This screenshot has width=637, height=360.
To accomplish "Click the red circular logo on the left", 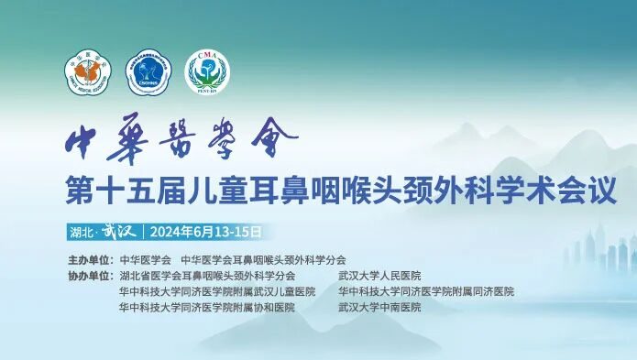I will click(x=87, y=71).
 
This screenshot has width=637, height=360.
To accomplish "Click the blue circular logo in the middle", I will click(x=148, y=71).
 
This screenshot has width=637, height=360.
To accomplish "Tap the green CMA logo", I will click(x=208, y=71).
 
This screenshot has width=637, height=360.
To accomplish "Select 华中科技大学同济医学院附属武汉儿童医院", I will click(x=216, y=291).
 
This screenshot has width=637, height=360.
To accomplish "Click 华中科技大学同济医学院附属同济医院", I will click(x=426, y=291).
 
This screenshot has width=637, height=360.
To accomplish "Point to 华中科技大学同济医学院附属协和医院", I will click(x=207, y=308).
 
